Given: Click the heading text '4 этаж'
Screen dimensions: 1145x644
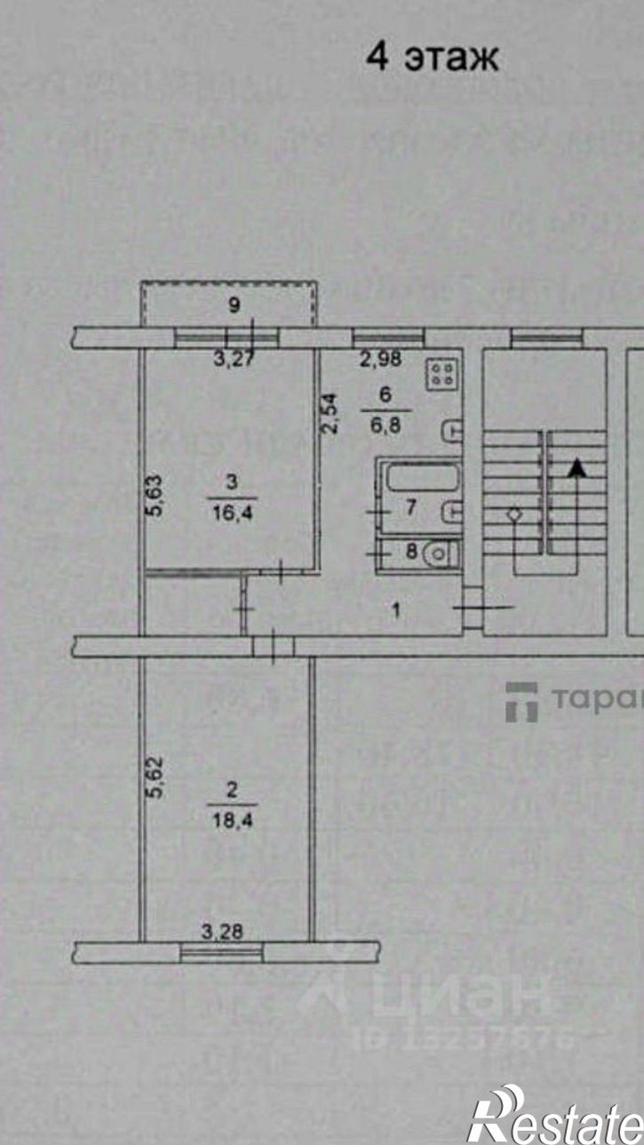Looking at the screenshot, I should (x=433, y=59).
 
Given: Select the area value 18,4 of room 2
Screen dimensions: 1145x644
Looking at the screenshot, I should (x=232, y=822).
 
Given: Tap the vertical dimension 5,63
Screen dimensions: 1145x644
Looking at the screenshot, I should (x=155, y=496).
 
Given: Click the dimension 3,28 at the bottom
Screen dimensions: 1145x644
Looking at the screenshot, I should (x=222, y=932).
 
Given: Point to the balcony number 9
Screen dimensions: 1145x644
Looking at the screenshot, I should (x=235, y=306).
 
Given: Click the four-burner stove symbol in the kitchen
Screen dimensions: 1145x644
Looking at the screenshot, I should (x=441, y=373).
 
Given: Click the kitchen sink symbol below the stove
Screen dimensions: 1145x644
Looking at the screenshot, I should (x=452, y=430).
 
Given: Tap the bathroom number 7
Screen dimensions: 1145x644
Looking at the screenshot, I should (x=410, y=509).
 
